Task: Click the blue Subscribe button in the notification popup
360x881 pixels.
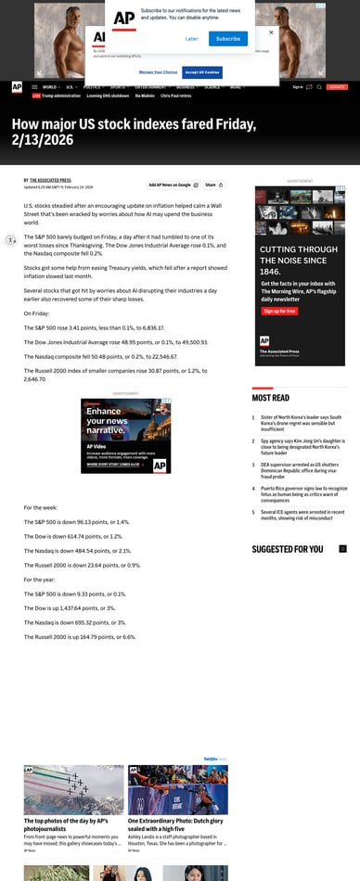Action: click(x=228, y=39)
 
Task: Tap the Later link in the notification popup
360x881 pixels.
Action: click(x=191, y=39)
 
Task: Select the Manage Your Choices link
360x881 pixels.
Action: click(x=159, y=71)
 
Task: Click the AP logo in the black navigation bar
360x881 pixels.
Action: click(x=17, y=87)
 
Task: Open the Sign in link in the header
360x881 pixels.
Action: click(x=297, y=86)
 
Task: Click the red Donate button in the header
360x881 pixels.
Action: click(x=337, y=86)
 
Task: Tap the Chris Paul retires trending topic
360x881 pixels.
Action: click(x=175, y=96)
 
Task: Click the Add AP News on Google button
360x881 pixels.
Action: click(x=173, y=185)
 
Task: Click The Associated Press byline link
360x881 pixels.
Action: click(x=50, y=180)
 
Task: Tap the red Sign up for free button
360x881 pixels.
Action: click(x=279, y=312)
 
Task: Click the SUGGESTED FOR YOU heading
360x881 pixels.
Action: click(x=288, y=549)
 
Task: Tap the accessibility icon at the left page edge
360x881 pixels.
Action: click(x=10, y=240)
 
